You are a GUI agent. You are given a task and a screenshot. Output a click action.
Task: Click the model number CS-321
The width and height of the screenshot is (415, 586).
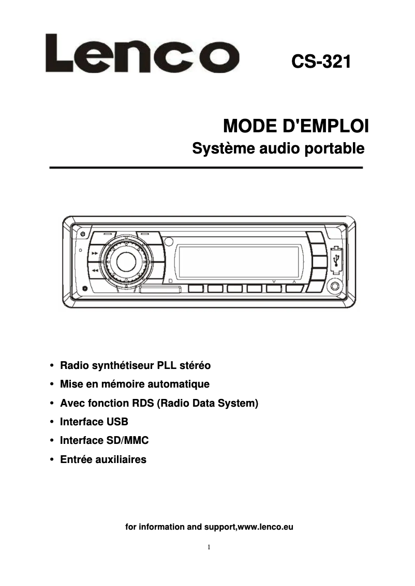point(321,62)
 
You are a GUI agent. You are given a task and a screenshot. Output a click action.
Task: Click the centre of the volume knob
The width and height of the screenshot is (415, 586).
point(126,261)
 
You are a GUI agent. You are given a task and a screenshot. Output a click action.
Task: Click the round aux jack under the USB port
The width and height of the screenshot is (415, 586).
point(335,287)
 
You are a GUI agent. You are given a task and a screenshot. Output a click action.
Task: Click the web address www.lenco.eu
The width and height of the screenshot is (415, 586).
point(265,527)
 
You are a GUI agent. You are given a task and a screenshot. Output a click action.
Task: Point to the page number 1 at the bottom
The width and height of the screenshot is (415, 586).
point(208,547)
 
